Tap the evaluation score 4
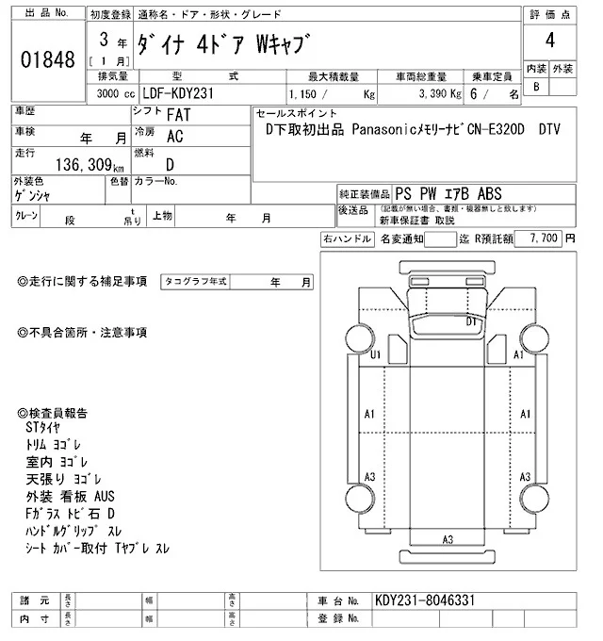[x=548, y=41]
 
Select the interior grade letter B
[x=537, y=87]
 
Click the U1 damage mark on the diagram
[x=375, y=354]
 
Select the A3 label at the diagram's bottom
[x=448, y=538]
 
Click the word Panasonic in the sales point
[x=391, y=129]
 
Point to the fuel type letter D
[x=170, y=163]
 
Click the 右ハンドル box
[x=347, y=239]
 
